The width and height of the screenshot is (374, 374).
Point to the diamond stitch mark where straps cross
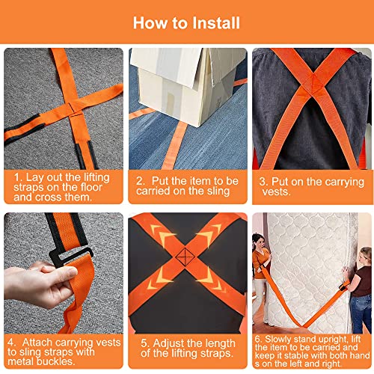point(185,257)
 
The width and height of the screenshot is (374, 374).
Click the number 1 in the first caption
point(17,177)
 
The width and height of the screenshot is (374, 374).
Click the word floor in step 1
point(91,187)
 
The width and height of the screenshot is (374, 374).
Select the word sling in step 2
point(218,191)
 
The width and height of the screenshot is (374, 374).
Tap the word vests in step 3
point(276,192)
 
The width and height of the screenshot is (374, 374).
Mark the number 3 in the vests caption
point(263,182)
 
